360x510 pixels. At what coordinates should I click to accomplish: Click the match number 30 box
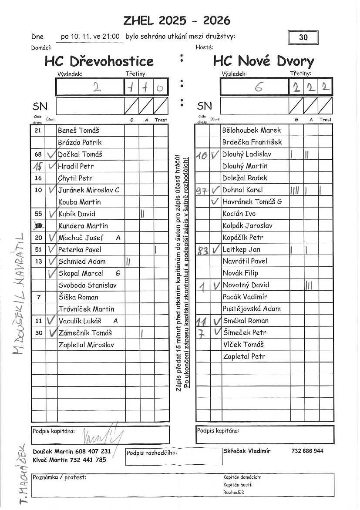(x=303, y=37)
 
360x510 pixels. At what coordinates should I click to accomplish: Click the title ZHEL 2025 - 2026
(x=177, y=20)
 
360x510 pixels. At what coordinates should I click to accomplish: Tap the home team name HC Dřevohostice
(x=99, y=61)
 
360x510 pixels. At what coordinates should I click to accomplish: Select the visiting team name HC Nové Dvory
(x=263, y=61)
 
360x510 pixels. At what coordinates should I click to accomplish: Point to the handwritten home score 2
(x=96, y=87)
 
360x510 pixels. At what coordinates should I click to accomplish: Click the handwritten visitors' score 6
(x=259, y=87)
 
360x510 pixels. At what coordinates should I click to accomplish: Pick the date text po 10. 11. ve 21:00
(x=90, y=37)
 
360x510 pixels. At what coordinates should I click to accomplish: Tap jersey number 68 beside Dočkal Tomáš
(x=38, y=154)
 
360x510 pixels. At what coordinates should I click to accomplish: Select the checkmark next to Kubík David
(x=52, y=214)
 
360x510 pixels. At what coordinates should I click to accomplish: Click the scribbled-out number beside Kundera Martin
(x=39, y=225)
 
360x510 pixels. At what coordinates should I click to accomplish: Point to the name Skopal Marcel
(x=81, y=273)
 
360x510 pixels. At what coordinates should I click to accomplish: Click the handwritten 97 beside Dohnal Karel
(x=201, y=190)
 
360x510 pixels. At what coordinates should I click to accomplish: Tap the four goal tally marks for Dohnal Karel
(x=294, y=190)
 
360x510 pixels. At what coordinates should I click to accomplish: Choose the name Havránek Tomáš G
(x=252, y=201)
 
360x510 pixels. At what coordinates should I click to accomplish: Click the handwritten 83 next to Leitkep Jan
(x=202, y=250)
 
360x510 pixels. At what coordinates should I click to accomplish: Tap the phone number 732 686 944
(x=307, y=451)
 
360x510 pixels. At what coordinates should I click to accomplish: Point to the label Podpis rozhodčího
(x=152, y=453)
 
